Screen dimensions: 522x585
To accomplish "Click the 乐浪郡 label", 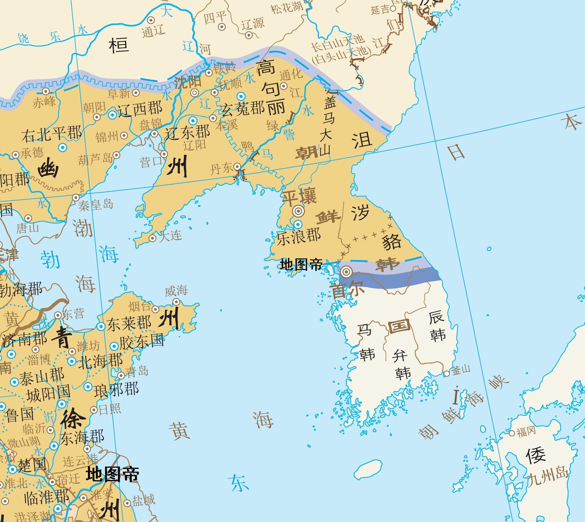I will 299,236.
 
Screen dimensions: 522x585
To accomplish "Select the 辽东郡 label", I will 187,132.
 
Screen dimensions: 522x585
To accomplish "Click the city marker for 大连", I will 153,238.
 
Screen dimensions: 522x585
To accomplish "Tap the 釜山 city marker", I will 446,374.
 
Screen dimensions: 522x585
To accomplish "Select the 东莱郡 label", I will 129,324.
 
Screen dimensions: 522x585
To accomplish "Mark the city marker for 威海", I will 177,301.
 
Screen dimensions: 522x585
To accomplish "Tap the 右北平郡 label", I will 51,134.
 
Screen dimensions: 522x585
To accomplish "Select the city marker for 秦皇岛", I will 76,198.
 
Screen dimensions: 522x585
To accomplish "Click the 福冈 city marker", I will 512,433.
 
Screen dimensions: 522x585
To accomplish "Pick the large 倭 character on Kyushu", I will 535,455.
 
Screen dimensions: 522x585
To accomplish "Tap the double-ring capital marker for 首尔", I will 346,272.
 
